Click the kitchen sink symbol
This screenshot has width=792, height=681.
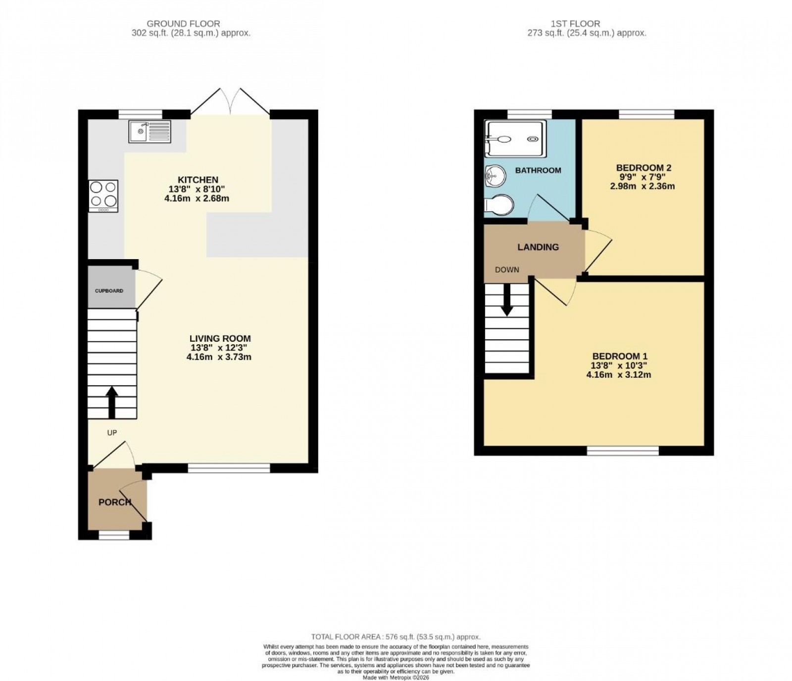pyautogui.click(x=149, y=131)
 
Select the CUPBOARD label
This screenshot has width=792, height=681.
pyautogui.click(x=109, y=291)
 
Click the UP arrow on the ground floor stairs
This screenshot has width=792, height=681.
pyautogui.click(x=112, y=402)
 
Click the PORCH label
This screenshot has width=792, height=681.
pyautogui.click(x=115, y=502)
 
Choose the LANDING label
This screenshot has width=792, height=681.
pyautogui.click(x=538, y=247)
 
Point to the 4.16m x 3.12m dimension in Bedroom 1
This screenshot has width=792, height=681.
pyautogui.click(x=619, y=375)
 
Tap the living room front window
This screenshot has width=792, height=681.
pyautogui.click(x=229, y=468)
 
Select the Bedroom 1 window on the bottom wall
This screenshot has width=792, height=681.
pyautogui.click(x=623, y=451)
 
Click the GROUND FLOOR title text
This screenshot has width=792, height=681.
pyautogui.click(x=184, y=24)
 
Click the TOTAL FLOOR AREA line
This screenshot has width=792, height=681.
pyautogui.click(x=396, y=637)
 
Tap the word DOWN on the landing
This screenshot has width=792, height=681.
pyautogui.click(x=507, y=270)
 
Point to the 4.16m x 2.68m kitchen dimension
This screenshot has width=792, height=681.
pyautogui.click(x=197, y=198)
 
